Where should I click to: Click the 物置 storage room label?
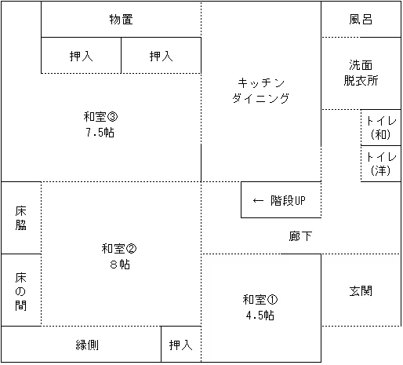(x=121, y=20)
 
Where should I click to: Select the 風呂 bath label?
(x=361, y=20)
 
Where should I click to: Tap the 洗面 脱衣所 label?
(x=361, y=73)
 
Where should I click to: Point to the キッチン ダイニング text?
(x=261, y=90)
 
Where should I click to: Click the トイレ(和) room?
(x=381, y=127)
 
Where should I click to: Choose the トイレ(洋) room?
(x=381, y=164)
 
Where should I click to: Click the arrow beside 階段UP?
(x=258, y=201)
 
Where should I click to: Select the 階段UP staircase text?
(x=288, y=201)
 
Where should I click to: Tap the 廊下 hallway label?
(x=300, y=236)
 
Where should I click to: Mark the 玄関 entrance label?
(x=361, y=290)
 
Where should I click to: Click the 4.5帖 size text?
(x=260, y=316)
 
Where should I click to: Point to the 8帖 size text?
(x=120, y=265)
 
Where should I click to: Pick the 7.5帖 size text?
(x=100, y=133)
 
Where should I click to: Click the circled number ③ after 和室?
(x=113, y=117)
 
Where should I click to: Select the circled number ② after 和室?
(x=131, y=249)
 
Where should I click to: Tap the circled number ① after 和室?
(x=272, y=300)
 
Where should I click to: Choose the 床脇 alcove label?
(x=20, y=218)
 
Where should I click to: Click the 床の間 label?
(x=20, y=291)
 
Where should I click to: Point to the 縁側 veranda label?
(x=87, y=345)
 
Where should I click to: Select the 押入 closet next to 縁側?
(x=180, y=345)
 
